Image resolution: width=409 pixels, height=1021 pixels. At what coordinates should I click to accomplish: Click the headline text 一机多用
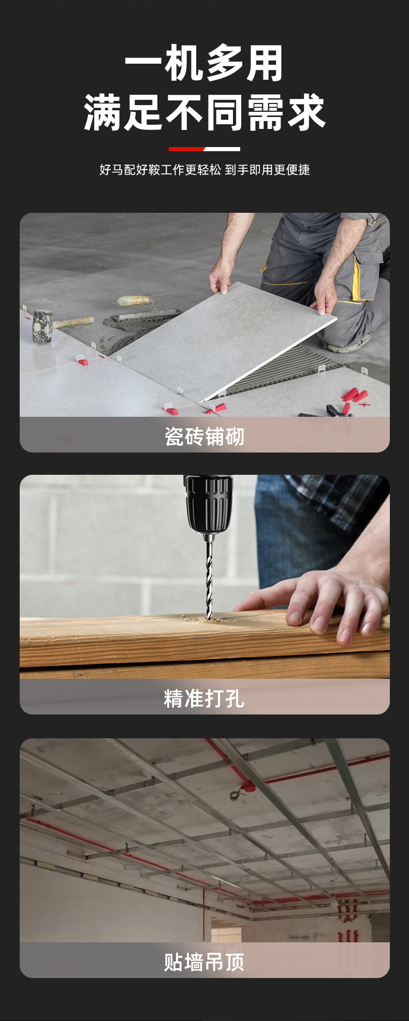204,63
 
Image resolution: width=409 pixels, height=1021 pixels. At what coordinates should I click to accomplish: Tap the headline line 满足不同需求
204,112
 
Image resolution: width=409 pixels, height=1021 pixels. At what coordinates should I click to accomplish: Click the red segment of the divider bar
186,149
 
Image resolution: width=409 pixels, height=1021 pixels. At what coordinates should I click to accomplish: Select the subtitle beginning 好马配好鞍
204,170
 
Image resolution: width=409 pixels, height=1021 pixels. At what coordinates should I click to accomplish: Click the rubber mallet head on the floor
42,326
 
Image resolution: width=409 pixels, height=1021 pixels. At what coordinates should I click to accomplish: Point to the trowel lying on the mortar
140,311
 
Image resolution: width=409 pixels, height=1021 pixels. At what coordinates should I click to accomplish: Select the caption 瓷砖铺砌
204,436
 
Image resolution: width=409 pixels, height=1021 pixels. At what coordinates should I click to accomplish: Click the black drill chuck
208,504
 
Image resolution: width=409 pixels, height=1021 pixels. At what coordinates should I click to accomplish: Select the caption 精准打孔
204,698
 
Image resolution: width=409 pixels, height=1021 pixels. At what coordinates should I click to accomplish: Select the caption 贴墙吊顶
204,962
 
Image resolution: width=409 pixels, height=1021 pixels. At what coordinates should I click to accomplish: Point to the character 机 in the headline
184,63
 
